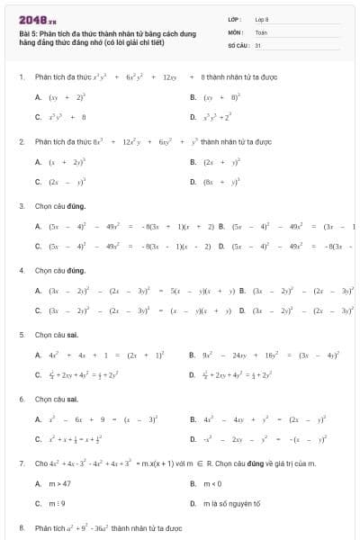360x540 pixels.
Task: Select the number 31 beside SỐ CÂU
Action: click(x=257, y=43)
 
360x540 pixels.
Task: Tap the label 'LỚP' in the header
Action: click(x=234, y=19)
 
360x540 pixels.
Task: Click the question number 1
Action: click(x=21, y=78)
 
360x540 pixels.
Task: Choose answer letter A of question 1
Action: click(x=38, y=97)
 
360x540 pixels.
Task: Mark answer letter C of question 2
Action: click(x=38, y=182)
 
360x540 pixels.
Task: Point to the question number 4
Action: click(x=21, y=271)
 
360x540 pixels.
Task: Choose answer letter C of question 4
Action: click(x=38, y=310)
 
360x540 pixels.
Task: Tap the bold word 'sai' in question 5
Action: click(x=74, y=335)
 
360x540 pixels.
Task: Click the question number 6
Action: click(x=21, y=399)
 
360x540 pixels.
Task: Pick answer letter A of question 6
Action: click(x=38, y=418)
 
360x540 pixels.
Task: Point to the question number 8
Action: click(x=21, y=527)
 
